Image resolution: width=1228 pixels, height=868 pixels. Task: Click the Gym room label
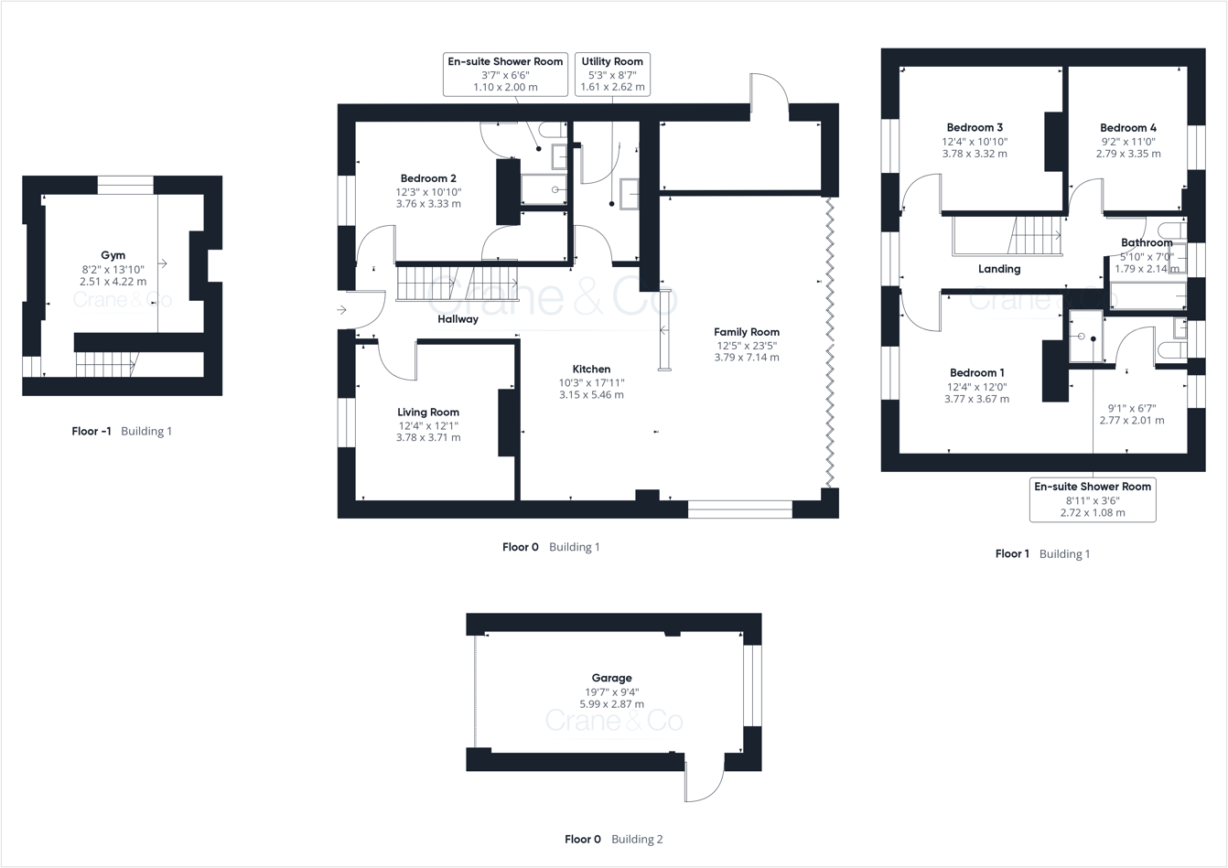[113, 255]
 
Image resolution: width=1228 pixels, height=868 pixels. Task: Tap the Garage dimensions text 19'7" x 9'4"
[611, 692]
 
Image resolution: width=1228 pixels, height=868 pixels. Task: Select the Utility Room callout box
[612, 74]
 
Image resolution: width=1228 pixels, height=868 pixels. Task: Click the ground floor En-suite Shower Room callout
[505, 74]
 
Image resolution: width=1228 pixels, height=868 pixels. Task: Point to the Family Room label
[747, 332]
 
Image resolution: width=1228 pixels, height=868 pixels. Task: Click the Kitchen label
[591, 370]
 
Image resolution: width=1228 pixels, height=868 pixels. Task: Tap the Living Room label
[428, 413]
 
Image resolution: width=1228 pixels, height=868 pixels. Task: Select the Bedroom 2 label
[428, 178]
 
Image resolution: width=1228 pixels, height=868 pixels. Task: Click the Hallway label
[458, 319]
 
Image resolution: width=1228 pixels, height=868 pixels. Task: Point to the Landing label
[999, 269]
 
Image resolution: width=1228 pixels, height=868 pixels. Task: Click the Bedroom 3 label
[975, 127]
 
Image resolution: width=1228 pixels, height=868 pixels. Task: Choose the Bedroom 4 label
[1128, 128]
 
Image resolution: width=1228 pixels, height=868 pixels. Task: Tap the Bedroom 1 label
[976, 373]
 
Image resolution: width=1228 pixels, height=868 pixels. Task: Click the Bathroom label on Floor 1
[1147, 243]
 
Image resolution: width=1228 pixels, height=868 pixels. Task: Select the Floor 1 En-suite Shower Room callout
[1093, 499]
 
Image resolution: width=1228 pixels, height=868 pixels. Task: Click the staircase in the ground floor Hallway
[458, 282]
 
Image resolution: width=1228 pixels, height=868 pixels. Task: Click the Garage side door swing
[703, 781]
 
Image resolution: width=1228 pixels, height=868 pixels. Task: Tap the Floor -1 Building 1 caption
[122, 431]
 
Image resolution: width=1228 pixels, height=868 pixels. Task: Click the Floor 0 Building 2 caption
[613, 839]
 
